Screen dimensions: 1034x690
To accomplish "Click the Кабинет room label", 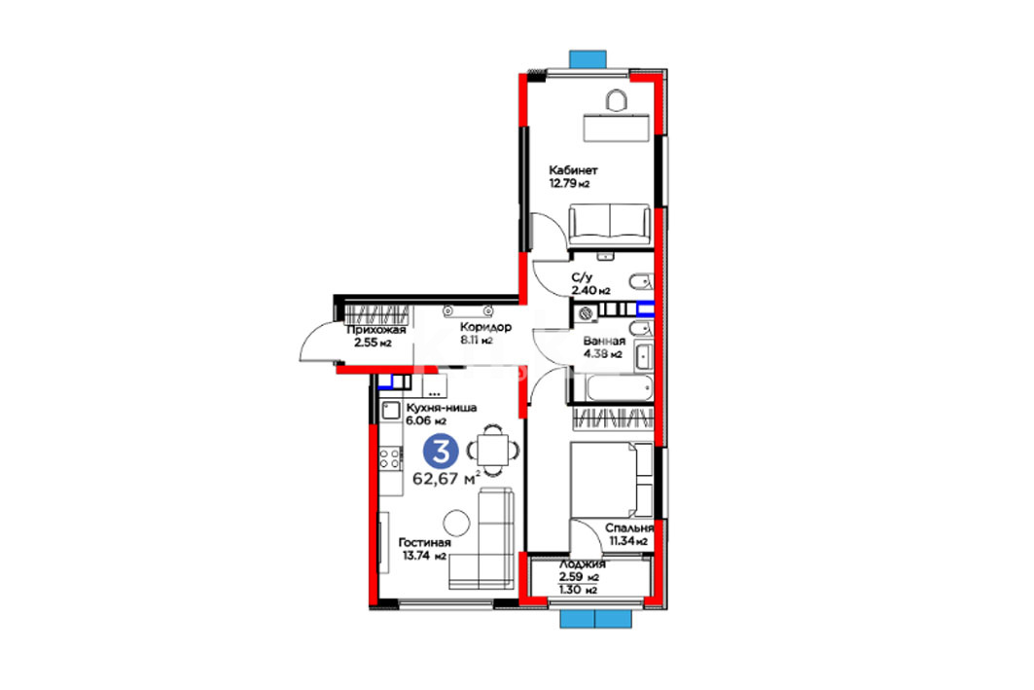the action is (573, 170).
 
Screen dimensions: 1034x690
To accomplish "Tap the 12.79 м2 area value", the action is (569, 183).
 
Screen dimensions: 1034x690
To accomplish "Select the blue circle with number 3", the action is (442, 452).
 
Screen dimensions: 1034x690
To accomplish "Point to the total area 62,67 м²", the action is (446, 478).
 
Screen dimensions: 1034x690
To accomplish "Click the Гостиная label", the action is (424, 543).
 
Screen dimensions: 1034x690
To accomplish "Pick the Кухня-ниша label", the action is (442, 408).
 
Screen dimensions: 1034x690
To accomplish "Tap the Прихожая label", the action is (375, 330).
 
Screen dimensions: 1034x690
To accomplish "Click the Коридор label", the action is (485, 327).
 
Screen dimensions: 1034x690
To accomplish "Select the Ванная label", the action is (604, 341).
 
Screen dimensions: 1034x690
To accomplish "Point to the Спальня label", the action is (629, 528).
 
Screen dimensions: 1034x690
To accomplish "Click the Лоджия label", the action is (583, 564).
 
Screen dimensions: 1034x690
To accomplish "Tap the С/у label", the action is (582, 277).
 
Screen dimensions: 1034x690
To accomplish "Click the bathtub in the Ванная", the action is (620, 388).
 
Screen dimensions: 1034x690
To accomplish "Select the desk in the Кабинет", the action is (616, 127).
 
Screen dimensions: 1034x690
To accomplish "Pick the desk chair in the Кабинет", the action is (616, 100).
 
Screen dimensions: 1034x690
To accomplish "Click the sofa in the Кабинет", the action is (610, 225).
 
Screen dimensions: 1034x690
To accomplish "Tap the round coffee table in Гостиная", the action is (456, 523).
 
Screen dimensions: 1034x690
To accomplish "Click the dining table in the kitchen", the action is (493, 450).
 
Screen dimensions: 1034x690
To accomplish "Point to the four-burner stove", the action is (390, 457).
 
